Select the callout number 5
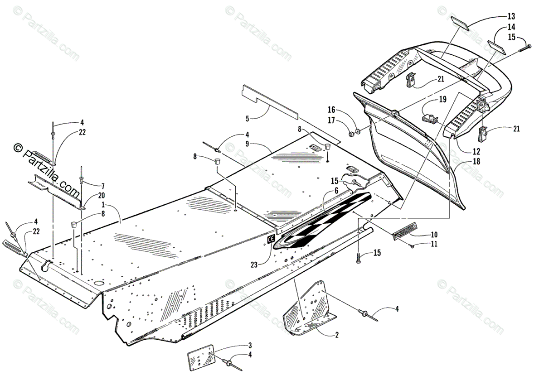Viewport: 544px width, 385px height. tap(248, 119)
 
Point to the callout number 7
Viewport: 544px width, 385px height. tap(103, 186)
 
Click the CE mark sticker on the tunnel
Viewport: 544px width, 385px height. tap(270, 240)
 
